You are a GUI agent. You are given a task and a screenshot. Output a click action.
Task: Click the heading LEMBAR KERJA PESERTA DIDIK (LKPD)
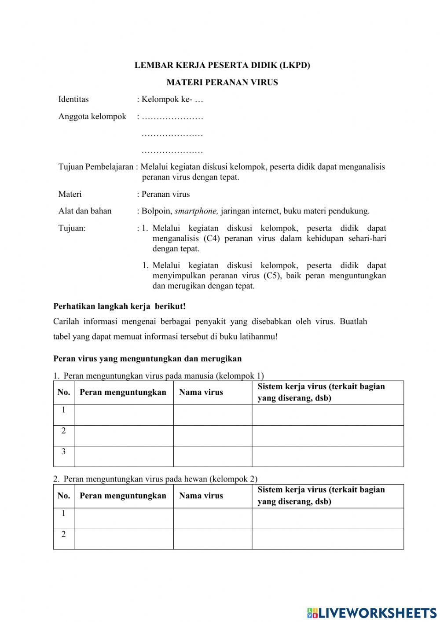[222, 65]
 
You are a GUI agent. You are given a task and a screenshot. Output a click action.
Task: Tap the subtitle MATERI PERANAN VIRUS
[222, 82]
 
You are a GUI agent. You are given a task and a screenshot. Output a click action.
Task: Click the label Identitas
[73, 99]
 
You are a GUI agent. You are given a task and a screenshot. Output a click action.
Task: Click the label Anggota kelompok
[92, 116]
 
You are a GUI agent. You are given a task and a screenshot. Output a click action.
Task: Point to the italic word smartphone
[196, 211]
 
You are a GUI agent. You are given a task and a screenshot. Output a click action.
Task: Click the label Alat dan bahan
[85, 211]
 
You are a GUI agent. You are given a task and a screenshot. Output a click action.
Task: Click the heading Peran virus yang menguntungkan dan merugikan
[147, 358]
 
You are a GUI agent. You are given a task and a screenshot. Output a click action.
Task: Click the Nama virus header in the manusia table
[201, 392]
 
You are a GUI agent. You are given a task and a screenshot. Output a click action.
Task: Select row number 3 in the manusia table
[64, 452]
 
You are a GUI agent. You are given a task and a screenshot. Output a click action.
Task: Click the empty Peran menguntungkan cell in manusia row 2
[124, 435]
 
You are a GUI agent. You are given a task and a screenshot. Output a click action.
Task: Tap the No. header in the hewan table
[64, 496]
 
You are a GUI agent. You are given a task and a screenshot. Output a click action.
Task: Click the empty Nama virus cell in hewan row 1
[213, 518]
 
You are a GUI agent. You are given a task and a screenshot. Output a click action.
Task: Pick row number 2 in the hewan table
[64, 534]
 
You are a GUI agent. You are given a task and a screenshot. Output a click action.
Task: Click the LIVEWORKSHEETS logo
[372, 612]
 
